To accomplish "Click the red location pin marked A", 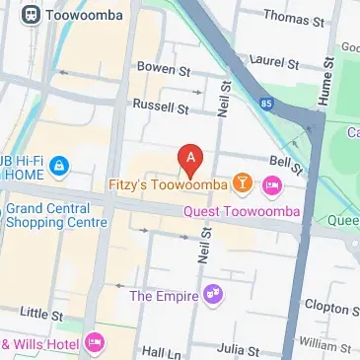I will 190,158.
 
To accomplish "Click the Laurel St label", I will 274,62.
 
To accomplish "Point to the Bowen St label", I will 163,70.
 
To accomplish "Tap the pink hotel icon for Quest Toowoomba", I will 272,184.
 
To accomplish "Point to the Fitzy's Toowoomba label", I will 169,184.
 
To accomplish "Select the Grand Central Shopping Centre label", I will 55,215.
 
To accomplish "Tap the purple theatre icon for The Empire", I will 212,295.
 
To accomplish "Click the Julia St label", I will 239,349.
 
